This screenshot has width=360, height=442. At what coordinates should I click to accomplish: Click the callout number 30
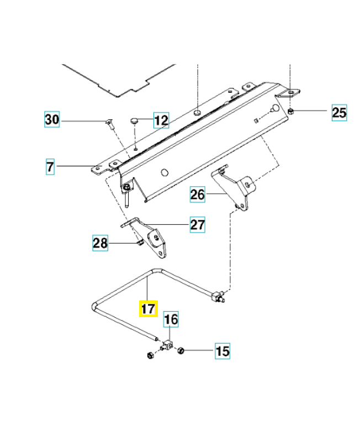(x=52, y=119)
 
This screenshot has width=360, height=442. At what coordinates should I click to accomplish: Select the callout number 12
(x=161, y=120)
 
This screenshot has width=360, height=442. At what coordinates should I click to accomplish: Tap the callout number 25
(x=339, y=113)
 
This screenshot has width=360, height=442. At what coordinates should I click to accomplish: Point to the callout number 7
(x=50, y=167)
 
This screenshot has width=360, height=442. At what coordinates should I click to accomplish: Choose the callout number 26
(x=197, y=194)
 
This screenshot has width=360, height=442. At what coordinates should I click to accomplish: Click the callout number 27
(x=198, y=225)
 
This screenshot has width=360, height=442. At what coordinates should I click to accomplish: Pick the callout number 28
(x=100, y=243)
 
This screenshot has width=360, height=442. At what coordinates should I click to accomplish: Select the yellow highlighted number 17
(x=149, y=309)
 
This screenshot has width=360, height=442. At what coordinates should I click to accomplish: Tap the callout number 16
(x=171, y=319)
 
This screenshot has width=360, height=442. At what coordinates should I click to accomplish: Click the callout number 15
(x=223, y=351)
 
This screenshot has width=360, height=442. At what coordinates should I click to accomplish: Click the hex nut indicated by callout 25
(x=292, y=111)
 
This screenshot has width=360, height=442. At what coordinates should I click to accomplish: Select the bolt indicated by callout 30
(x=110, y=124)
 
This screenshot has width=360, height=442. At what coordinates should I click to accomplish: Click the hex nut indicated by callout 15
(x=181, y=351)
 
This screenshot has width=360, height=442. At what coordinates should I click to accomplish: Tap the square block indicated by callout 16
(x=168, y=345)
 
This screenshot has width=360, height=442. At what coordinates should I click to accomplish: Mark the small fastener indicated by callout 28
(x=140, y=243)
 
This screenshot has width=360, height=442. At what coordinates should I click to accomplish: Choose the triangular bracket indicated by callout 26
(x=231, y=187)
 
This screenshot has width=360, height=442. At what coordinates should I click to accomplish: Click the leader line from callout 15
(x=199, y=351)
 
